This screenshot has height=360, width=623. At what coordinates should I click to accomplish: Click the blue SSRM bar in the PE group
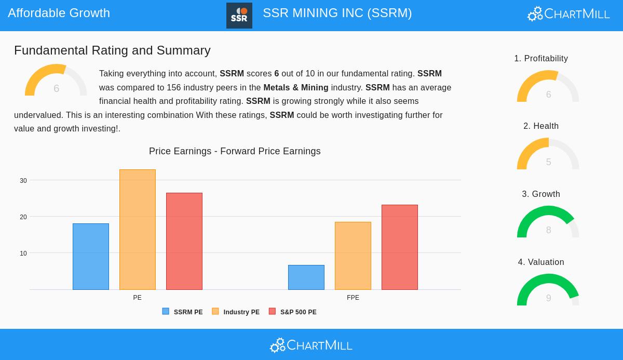pyautogui.click(x=91, y=257)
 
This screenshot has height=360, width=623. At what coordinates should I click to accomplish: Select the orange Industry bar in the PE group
pyautogui.click(x=138, y=230)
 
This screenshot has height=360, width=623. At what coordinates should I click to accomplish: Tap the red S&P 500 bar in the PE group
pyautogui.click(x=184, y=241)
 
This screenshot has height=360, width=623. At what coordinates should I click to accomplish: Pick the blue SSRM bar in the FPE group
pyautogui.click(x=306, y=277)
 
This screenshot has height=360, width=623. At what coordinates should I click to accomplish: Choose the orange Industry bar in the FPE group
pyautogui.click(x=353, y=256)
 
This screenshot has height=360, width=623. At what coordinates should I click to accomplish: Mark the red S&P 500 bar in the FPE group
pyautogui.click(x=400, y=247)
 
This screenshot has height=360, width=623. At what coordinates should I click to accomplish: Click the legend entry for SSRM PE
pyautogui.click(x=183, y=312)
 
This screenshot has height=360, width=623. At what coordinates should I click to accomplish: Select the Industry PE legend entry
pyautogui.click(x=236, y=312)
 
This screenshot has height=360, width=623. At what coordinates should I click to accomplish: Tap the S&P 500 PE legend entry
pyautogui.click(x=293, y=312)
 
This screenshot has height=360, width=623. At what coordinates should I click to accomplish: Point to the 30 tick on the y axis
pyautogui.click(x=23, y=181)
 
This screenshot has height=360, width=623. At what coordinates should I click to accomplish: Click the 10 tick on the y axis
pyautogui.click(x=23, y=254)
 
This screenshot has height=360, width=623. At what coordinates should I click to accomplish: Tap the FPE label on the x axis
pyautogui.click(x=353, y=298)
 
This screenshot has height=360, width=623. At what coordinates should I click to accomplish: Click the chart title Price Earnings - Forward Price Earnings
pyautogui.click(x=235, y=151)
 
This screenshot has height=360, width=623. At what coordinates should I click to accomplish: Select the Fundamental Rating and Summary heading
pyautogui.click(x=112, y=50)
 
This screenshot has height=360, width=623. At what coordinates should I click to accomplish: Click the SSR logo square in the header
pyautogui.click(x=239, y=16)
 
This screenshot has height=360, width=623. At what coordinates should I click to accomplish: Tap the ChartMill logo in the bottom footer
pyautogui.click(x=311, y=345)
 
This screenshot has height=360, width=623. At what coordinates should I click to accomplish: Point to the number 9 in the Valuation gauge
pyautogui.click(x=548, y=298)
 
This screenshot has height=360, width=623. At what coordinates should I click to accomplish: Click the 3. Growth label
pyautogui.click(x=541, y=194)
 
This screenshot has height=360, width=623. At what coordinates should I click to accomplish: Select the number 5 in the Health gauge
pyautogui.click(x=548, y=162)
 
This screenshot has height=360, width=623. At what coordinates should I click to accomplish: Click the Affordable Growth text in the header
pyautogui.click(x=59, y=13)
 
